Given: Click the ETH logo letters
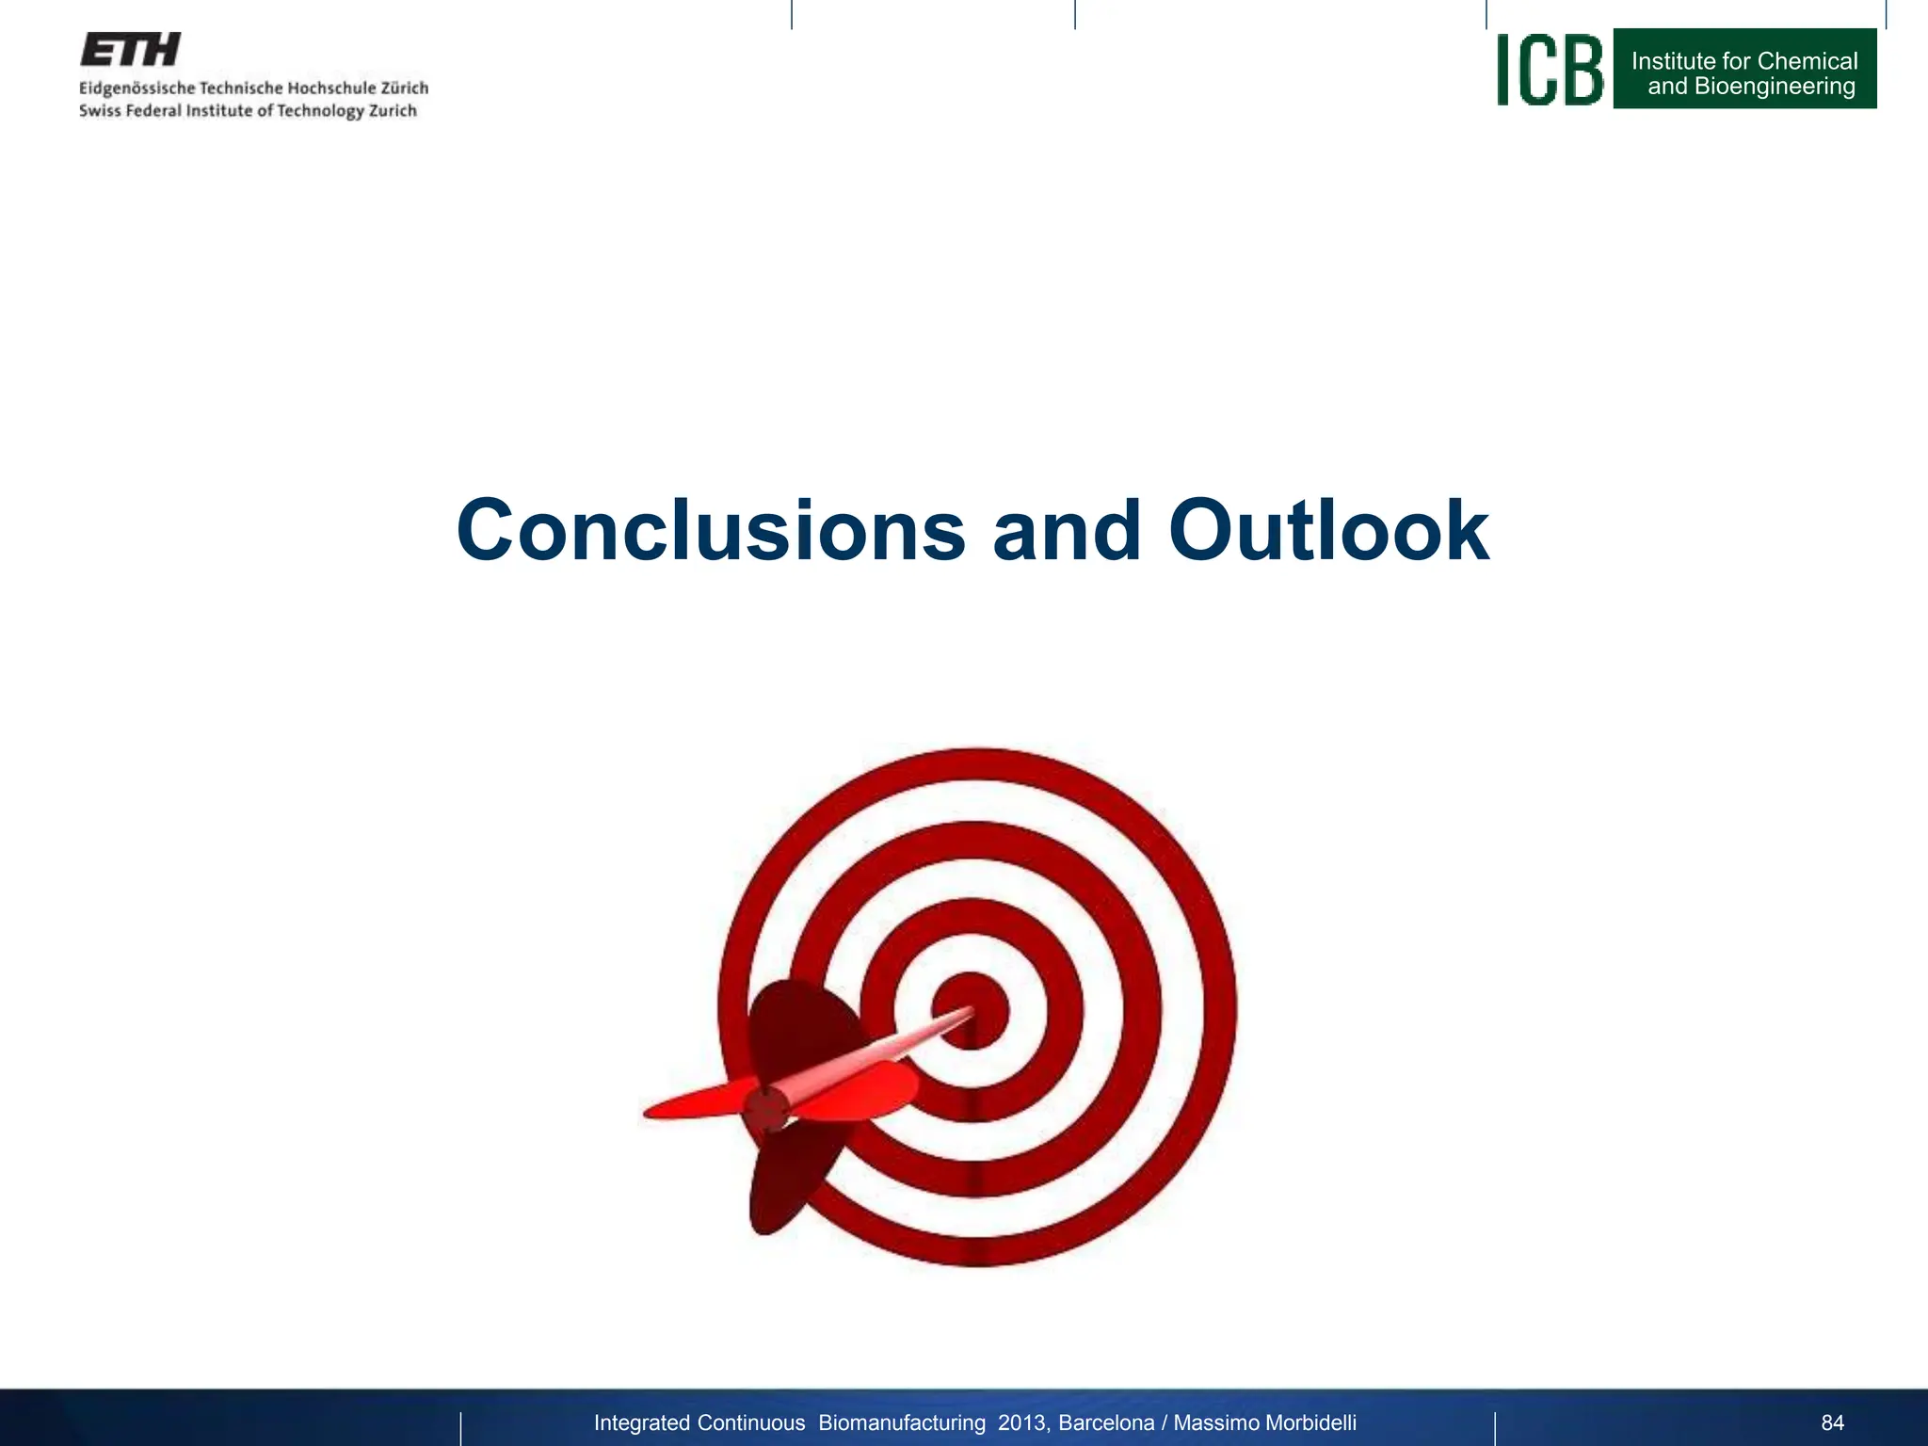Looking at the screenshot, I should click(130, 50).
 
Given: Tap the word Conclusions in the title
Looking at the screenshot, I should click(711, 531).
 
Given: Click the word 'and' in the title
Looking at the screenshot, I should click(1067, 531).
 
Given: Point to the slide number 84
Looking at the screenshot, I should click(1832, 1422).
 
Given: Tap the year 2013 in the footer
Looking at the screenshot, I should click(1021, 1422).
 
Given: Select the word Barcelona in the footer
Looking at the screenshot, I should click(1106, 1422).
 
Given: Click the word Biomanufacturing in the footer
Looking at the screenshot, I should click(901, 1422).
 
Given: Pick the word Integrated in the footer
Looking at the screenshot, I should click(641, 1422).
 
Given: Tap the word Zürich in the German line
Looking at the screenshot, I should click(404, 88).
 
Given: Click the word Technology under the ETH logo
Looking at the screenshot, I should click(319, 111).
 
